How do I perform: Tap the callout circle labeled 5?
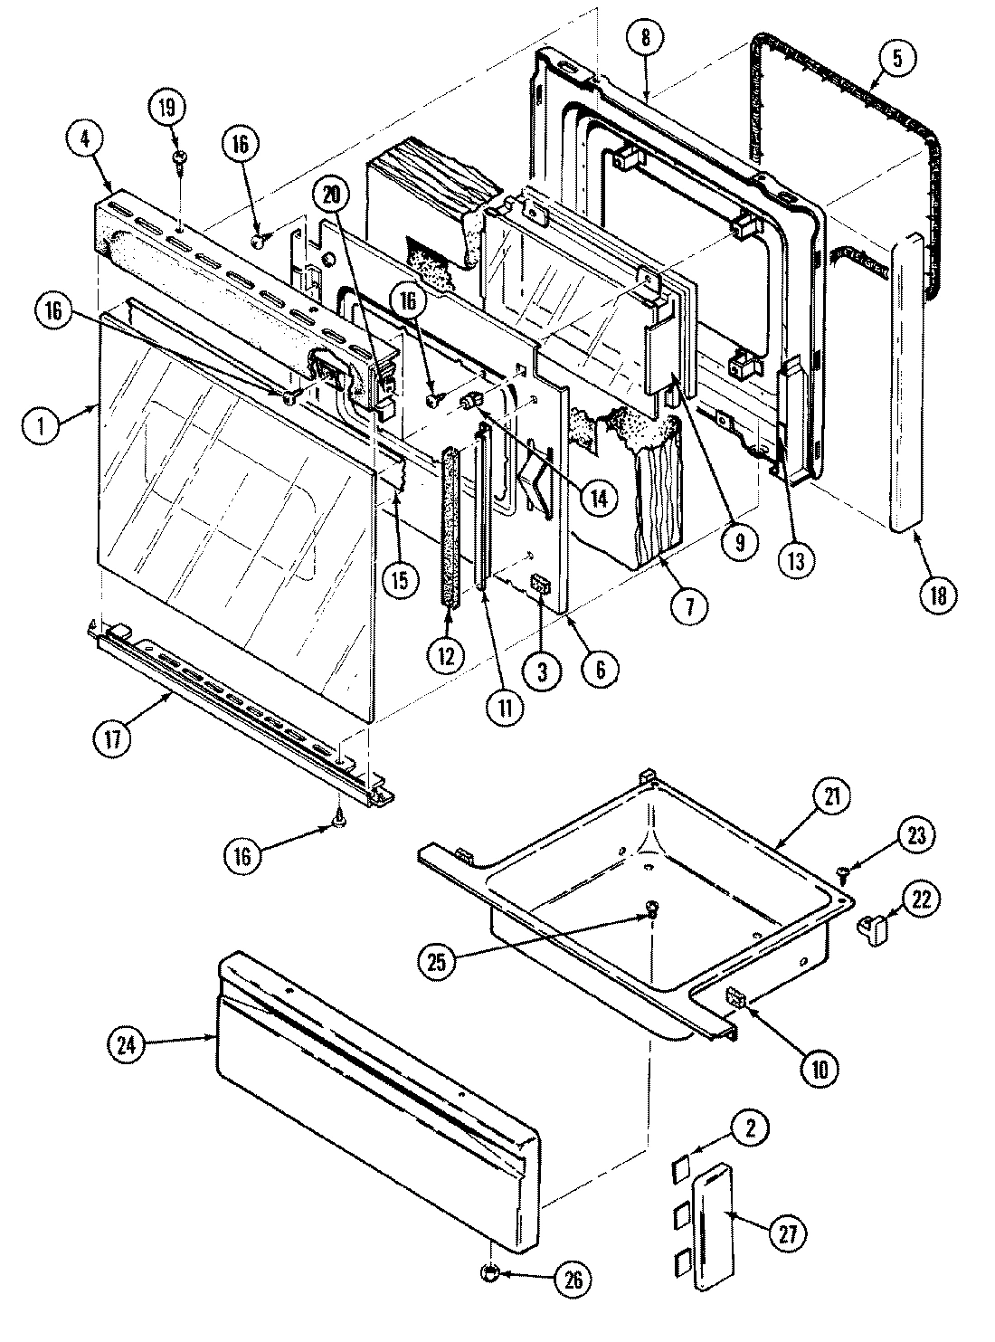pyautogui.click(x=896, y=58)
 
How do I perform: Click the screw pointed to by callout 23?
pyautogui.click(x=844, y=872)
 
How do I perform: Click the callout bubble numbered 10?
pyautogui.click(x=818, y=1068)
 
